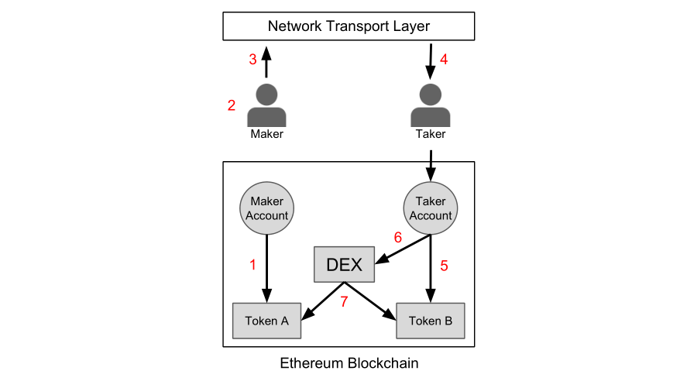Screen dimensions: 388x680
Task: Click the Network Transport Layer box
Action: coord(349,26)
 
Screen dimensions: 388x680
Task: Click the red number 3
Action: coord(252,60)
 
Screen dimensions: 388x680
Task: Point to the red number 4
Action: coord(444,60)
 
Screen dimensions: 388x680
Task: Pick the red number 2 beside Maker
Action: coord(232,106)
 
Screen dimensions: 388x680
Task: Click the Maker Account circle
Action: coord(266,209)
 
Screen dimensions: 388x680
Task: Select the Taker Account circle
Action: coord(431,209)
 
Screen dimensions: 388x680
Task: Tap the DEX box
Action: coord(345,264)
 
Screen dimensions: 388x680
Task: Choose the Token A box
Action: coord(266,320)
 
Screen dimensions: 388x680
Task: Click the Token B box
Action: coord(431,320)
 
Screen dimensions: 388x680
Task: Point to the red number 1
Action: coord(252,265)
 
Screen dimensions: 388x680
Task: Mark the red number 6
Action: coord(398,239)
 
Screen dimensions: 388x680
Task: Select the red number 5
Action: coord(445,265)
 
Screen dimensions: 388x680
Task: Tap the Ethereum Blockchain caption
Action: coord(349,362)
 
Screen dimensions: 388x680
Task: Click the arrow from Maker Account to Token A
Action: coord(266,268)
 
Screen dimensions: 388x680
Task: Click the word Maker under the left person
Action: coord(266,134)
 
